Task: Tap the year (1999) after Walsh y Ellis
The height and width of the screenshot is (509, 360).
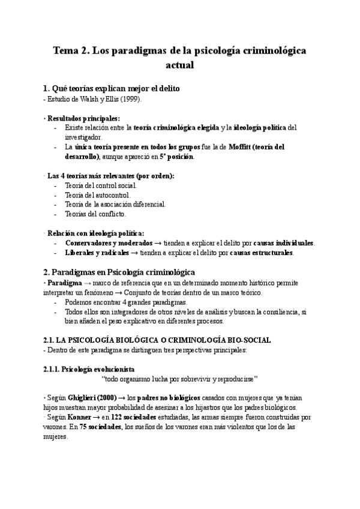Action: (131, 99)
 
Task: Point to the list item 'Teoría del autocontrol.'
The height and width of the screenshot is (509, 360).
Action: (97, 194)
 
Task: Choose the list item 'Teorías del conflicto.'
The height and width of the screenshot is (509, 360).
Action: (95, 214)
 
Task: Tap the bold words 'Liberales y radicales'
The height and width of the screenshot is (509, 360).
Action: (97, 253)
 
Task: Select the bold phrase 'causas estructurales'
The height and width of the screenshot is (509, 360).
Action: (262, 253)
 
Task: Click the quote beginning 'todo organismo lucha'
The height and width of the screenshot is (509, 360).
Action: (179, 378)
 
